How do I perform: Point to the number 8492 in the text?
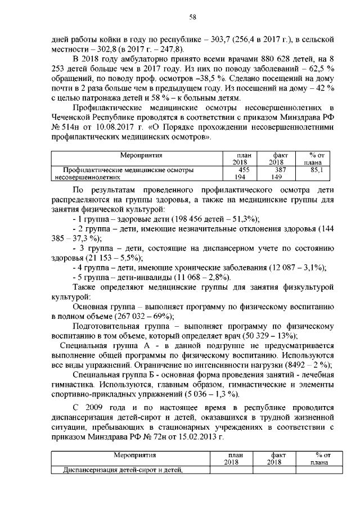click(x=297, y=364)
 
